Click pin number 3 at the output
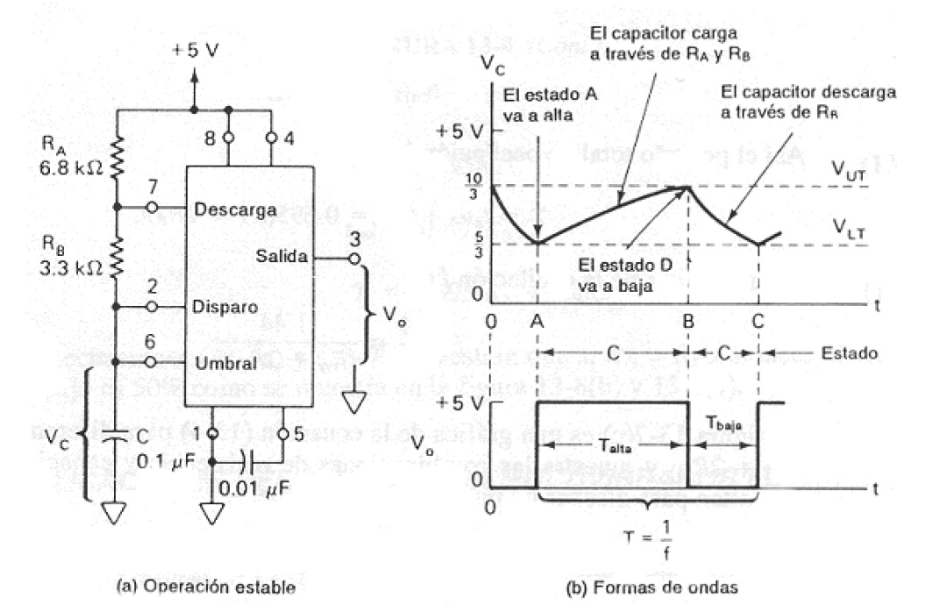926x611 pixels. click(x=353, y=239)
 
